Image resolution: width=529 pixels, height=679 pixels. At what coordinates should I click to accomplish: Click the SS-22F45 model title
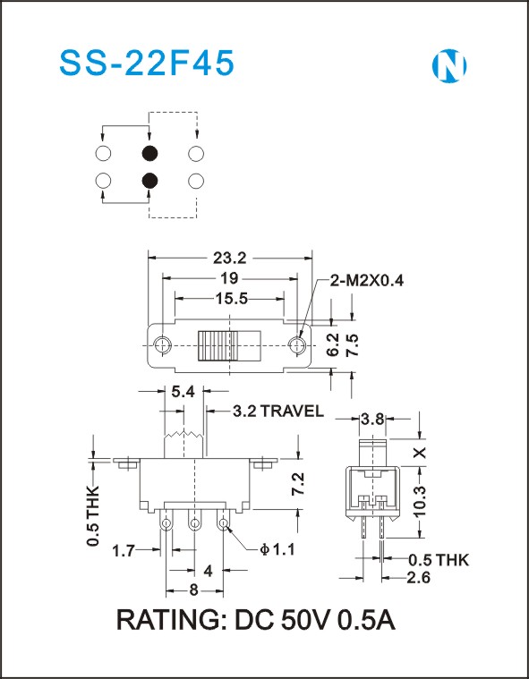click(147, 64)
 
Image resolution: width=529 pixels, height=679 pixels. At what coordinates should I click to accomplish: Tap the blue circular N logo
click(449, 66)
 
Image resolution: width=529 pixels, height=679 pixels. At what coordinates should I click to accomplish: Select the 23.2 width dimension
click(230, 258)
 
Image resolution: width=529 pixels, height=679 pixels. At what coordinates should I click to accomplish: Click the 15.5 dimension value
click(231, 299)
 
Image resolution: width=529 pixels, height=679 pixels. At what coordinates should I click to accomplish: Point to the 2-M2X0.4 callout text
click(366, 281)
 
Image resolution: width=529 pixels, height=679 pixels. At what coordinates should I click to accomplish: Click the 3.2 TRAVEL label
click(278, 411)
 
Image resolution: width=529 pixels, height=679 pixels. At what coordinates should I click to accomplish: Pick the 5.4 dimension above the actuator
click(183, 392)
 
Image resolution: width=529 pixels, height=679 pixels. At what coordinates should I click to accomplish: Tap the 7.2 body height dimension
click(298, 484)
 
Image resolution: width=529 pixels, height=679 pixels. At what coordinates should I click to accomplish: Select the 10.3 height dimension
click(420, 500)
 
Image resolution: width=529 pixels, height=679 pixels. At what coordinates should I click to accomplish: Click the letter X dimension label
click(420, 453)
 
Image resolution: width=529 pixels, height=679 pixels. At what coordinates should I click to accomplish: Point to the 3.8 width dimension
click(372, 419)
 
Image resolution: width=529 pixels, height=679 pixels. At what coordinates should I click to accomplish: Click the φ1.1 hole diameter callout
click(277, 549)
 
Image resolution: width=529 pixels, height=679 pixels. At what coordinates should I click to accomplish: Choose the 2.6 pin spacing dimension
click(418, 577)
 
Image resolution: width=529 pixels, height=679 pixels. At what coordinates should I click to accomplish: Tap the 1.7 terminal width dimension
click(124, 551)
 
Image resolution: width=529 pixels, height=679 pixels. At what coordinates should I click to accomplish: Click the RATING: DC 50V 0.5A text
click(256, 620)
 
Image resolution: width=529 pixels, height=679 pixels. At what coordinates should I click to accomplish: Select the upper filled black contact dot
click(149, 153)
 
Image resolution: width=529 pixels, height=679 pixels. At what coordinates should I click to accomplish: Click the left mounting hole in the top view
click(163, 345)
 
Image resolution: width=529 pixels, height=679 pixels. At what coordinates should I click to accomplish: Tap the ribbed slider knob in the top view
click(218, 345)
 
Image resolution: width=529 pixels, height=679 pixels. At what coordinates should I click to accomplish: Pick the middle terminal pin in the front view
click(194, 524)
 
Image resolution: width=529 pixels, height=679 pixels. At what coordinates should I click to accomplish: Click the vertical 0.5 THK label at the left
click(93, 515)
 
